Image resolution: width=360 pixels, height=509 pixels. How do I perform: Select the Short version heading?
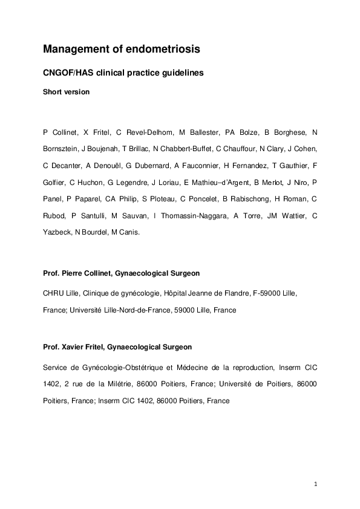(x=67, y=92)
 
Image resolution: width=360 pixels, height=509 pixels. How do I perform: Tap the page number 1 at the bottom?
(x=316, y=483)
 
